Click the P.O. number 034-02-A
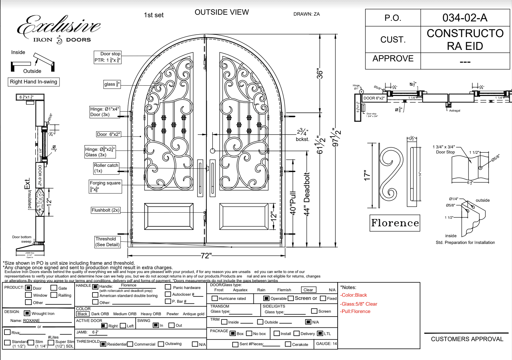tap(465, 18)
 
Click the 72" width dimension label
tap(206, 256)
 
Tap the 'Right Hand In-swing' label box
tap(34, 82)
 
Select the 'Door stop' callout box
tap(108, 57)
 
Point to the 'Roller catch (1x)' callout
tap(106, 168)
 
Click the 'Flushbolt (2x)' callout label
tap(105, 210)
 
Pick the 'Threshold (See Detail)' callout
tap(108, 242)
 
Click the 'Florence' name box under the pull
tap(395, 223)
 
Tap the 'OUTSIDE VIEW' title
tap(222, 12)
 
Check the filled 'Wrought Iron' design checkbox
tap(27, 313)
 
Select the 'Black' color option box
tap(82, 314)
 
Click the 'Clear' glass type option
tap(308, 290)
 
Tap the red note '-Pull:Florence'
tap(356, 311)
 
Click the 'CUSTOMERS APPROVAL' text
tap(467, 339)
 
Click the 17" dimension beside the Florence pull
tap(367, 175)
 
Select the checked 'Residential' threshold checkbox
tap(103, 344)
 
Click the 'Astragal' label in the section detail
tap(454, 111)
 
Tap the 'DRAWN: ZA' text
tap(307, 14)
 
